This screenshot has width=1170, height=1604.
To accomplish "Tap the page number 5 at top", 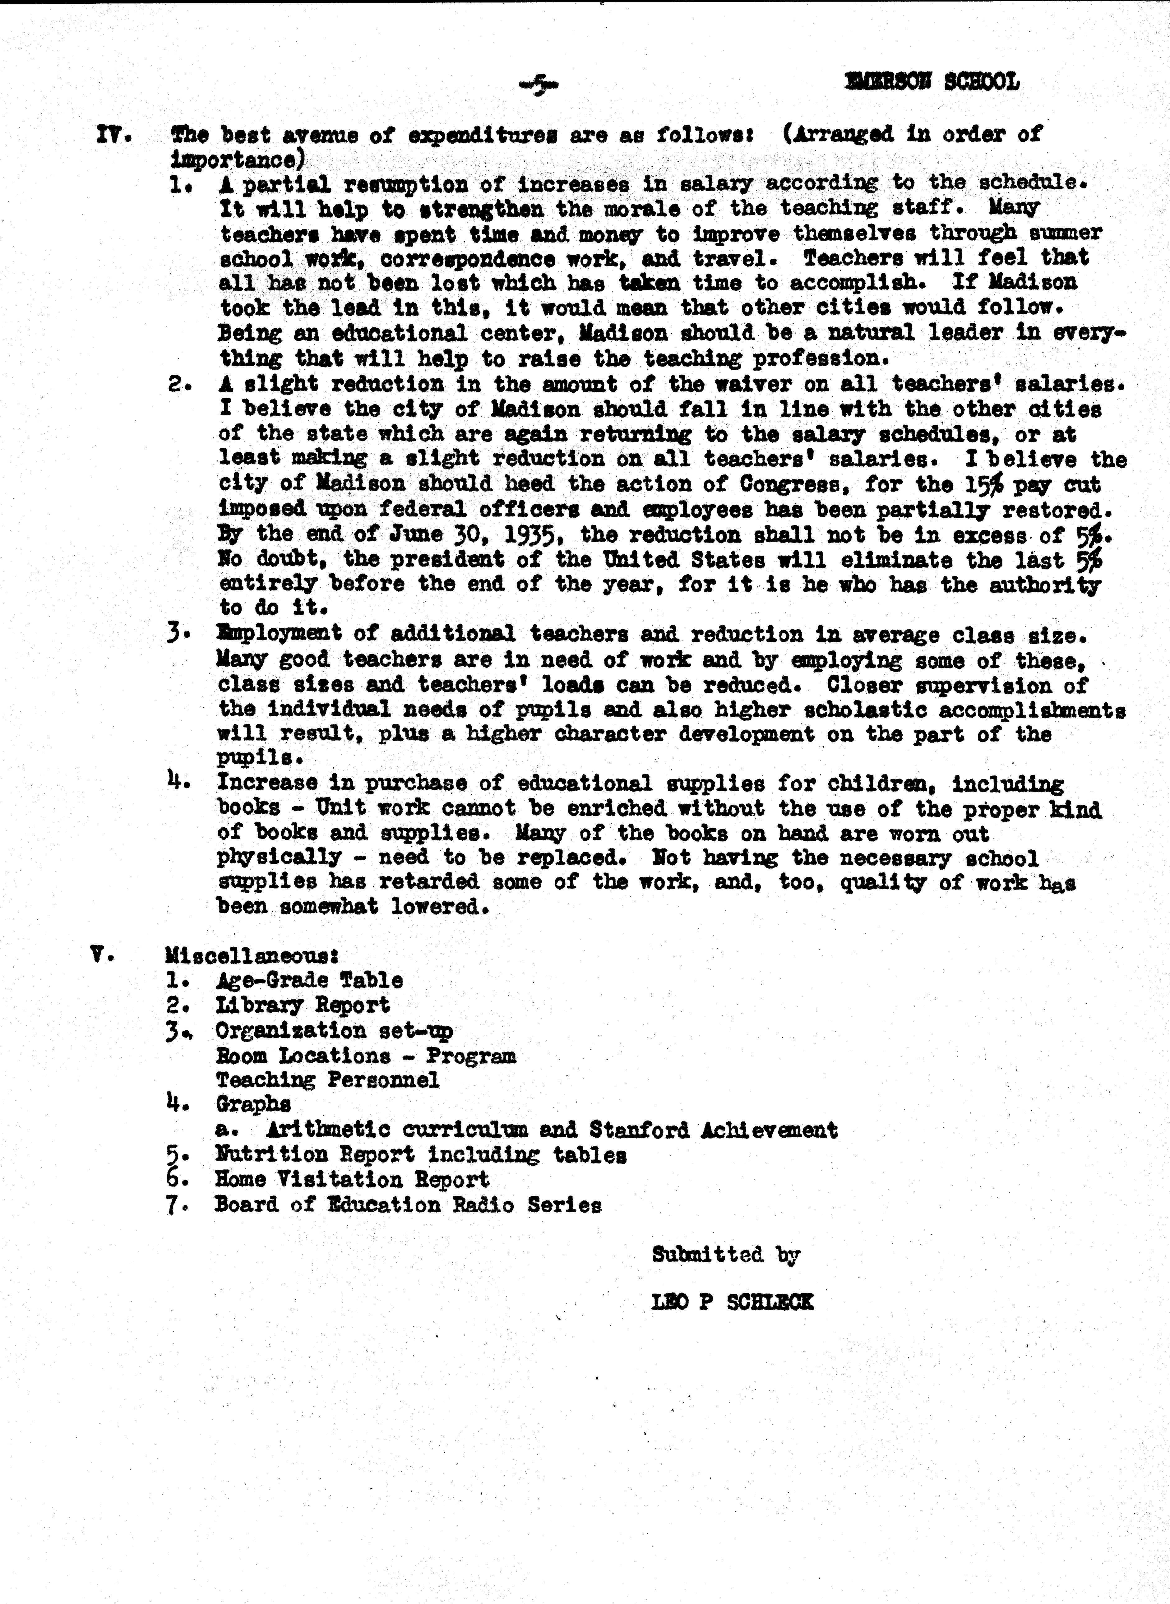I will coord(538,86).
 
